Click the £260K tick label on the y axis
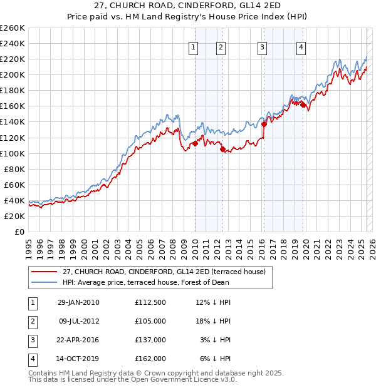point(12,28)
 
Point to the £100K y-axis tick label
point(12,153)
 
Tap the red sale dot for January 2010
point(195,143)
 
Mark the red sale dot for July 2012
point(222,149)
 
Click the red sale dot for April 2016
point(264,124)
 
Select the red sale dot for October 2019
point(303,105)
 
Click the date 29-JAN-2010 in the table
point(78,302)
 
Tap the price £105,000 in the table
point(150,321)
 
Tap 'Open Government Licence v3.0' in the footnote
point(182,379)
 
